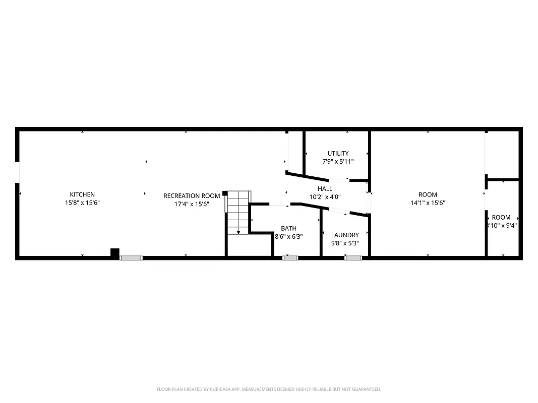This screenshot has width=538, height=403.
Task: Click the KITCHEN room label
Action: pos(82,194)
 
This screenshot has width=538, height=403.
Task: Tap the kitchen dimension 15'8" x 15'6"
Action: pos(82,203)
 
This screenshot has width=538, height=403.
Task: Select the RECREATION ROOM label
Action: pos(192,195)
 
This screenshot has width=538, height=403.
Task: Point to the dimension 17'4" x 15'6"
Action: pos(192,204)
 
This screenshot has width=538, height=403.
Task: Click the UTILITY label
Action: pos(338,153)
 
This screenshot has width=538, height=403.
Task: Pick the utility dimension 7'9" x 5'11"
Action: pos(338,162)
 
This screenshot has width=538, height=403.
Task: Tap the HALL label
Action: pos(325,188)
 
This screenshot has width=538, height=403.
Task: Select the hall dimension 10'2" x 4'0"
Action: pos(325,197)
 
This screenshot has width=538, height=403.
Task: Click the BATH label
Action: pos(289,228)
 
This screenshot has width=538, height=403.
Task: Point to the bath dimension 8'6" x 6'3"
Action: pos(289,236)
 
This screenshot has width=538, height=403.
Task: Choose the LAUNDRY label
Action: pos(345,235)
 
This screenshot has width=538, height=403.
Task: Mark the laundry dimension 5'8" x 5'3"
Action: pos(345,243)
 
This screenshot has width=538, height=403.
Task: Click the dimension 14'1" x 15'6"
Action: pos(428,203)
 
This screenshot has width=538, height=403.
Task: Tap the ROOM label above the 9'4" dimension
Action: pos(501,217)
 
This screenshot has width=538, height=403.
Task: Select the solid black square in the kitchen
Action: pos(115,253)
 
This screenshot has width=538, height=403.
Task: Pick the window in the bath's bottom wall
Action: pos(290,258)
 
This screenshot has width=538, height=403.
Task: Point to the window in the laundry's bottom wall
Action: pos(353,258)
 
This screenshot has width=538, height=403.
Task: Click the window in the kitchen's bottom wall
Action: pos(131,258)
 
